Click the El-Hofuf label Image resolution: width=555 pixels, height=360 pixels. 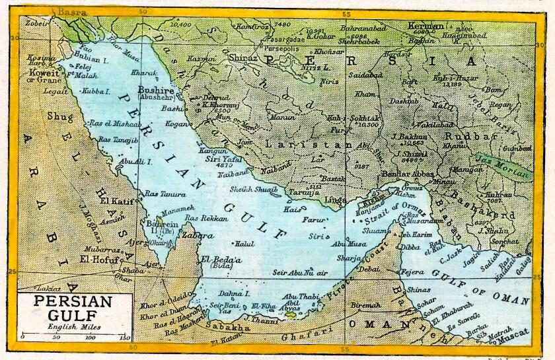99,260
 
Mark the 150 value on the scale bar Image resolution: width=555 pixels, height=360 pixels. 123,338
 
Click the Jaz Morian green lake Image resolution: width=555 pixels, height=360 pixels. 502,166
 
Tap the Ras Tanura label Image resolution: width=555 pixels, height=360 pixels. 160,194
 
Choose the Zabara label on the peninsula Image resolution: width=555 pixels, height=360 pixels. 198,235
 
